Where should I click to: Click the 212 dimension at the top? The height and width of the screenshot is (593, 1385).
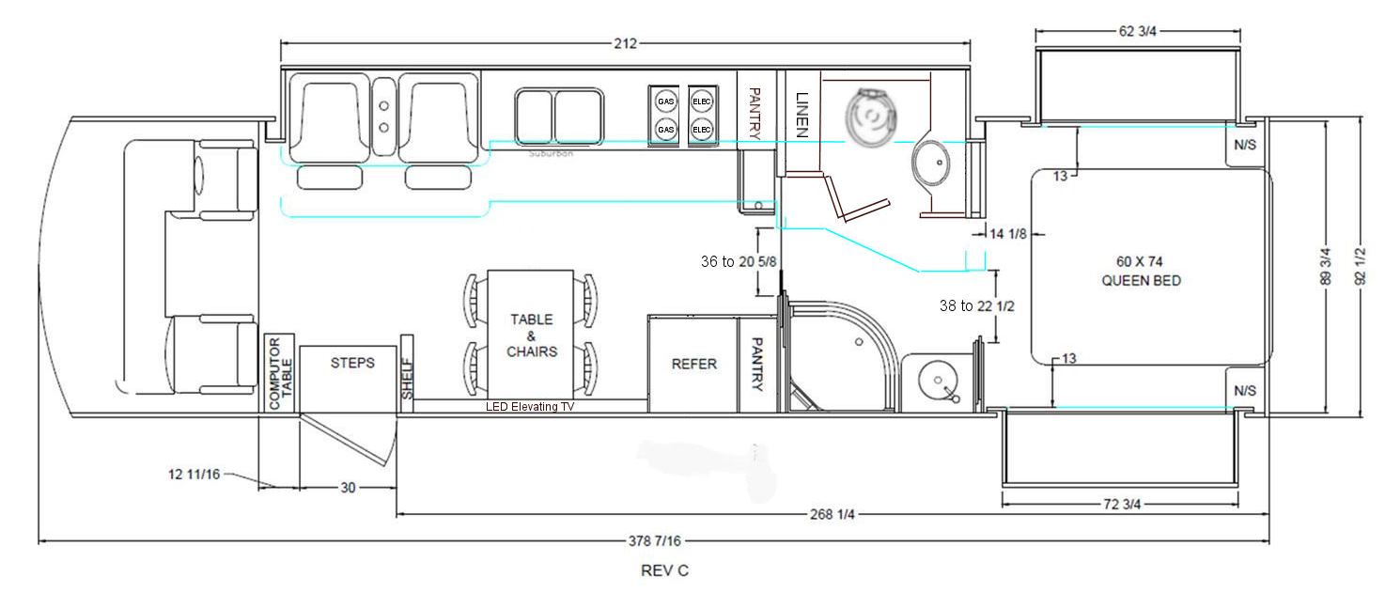[625, 43]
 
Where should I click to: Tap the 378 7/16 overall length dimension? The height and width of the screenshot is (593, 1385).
[654, 541]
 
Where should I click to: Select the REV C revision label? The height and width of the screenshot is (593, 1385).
[664, 570]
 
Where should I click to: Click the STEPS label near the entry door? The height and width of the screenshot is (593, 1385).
[352, 363]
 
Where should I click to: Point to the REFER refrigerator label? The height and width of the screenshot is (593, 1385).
[693, 365]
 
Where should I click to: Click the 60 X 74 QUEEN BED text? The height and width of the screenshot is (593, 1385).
[1141, 271]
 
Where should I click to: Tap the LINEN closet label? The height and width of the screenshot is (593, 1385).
[801, 115]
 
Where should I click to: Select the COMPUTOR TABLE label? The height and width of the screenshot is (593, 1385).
[280, 373]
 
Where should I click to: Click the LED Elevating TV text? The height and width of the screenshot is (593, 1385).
[530, 406]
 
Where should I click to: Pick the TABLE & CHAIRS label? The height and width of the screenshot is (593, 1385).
[532, 336]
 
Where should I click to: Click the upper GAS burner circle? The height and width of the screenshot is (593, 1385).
[665, 101]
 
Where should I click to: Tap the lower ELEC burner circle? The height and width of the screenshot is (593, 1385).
[702, 130]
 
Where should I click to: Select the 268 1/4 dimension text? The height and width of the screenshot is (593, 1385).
[833, 514]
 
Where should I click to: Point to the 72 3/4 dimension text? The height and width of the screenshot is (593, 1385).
[1122, 504]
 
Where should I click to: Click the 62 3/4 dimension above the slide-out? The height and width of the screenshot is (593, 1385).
[1137, 31]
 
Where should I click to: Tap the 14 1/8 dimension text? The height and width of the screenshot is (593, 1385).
[1008, 234]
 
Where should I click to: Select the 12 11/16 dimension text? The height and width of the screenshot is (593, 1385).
[195, 475]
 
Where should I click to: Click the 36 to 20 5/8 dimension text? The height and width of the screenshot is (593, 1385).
[739, 261]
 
